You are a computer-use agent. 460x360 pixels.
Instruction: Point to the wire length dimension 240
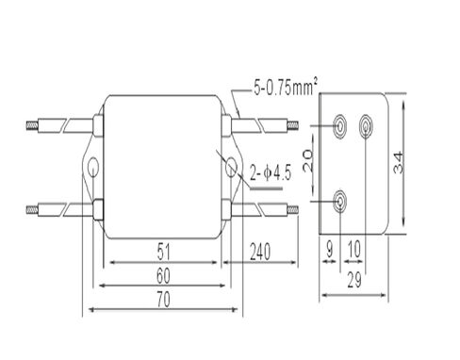pyautogui.click(x=260, y=252)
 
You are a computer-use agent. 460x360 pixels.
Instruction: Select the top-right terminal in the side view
pyautogui.click(x=366, y=123)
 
